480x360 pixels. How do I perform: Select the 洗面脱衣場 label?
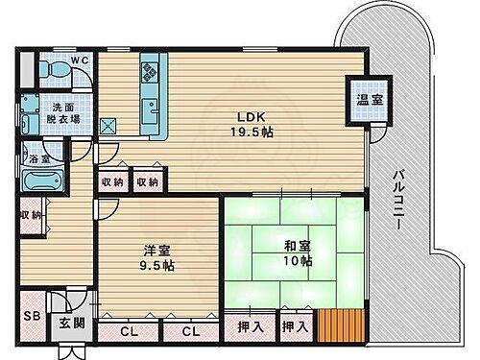click(x=65, y=112)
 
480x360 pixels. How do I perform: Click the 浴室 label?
click(x=38, y=158)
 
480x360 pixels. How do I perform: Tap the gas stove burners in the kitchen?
click(x=152, y=71)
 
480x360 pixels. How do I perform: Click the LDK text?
click(x=252, y=117)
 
